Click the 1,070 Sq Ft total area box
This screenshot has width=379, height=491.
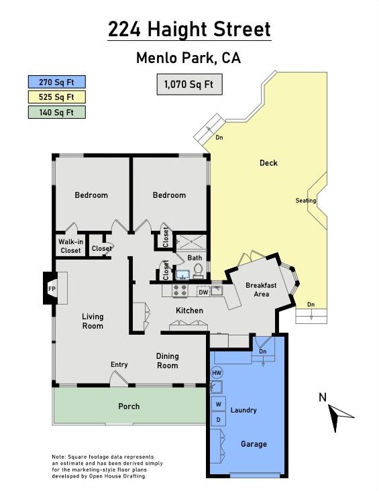(x=189, y=85)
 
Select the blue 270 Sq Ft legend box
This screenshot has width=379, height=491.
(x=57, y=82)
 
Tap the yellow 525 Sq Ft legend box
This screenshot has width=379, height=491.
(x=57, y=97)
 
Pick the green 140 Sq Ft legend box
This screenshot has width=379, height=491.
(x=57, y=112)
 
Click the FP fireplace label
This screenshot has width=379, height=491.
(x=52, y=288)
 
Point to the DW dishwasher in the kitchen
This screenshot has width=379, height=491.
(x=204, y=292)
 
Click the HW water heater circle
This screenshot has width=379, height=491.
(x=217, y=373)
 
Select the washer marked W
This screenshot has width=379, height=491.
(x=219, y=404)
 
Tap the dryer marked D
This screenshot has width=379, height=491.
(x=219, y=420)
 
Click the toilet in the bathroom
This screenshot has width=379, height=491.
(x=198, y=271)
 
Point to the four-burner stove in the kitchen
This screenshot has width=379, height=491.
(x=180, y=290)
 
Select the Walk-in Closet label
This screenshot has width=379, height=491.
(x=71, y=245)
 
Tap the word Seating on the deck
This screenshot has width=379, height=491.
(x=306, y=201)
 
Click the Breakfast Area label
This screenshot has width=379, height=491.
(x=261, y=290)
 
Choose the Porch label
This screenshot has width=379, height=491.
(x=129, y=406)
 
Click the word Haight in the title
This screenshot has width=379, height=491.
(x=178, y=30)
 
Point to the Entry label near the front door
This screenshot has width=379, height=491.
(x=119, y=364)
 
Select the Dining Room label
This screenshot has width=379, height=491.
(x=167, y=361)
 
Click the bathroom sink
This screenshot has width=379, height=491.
(x=182, y=274)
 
